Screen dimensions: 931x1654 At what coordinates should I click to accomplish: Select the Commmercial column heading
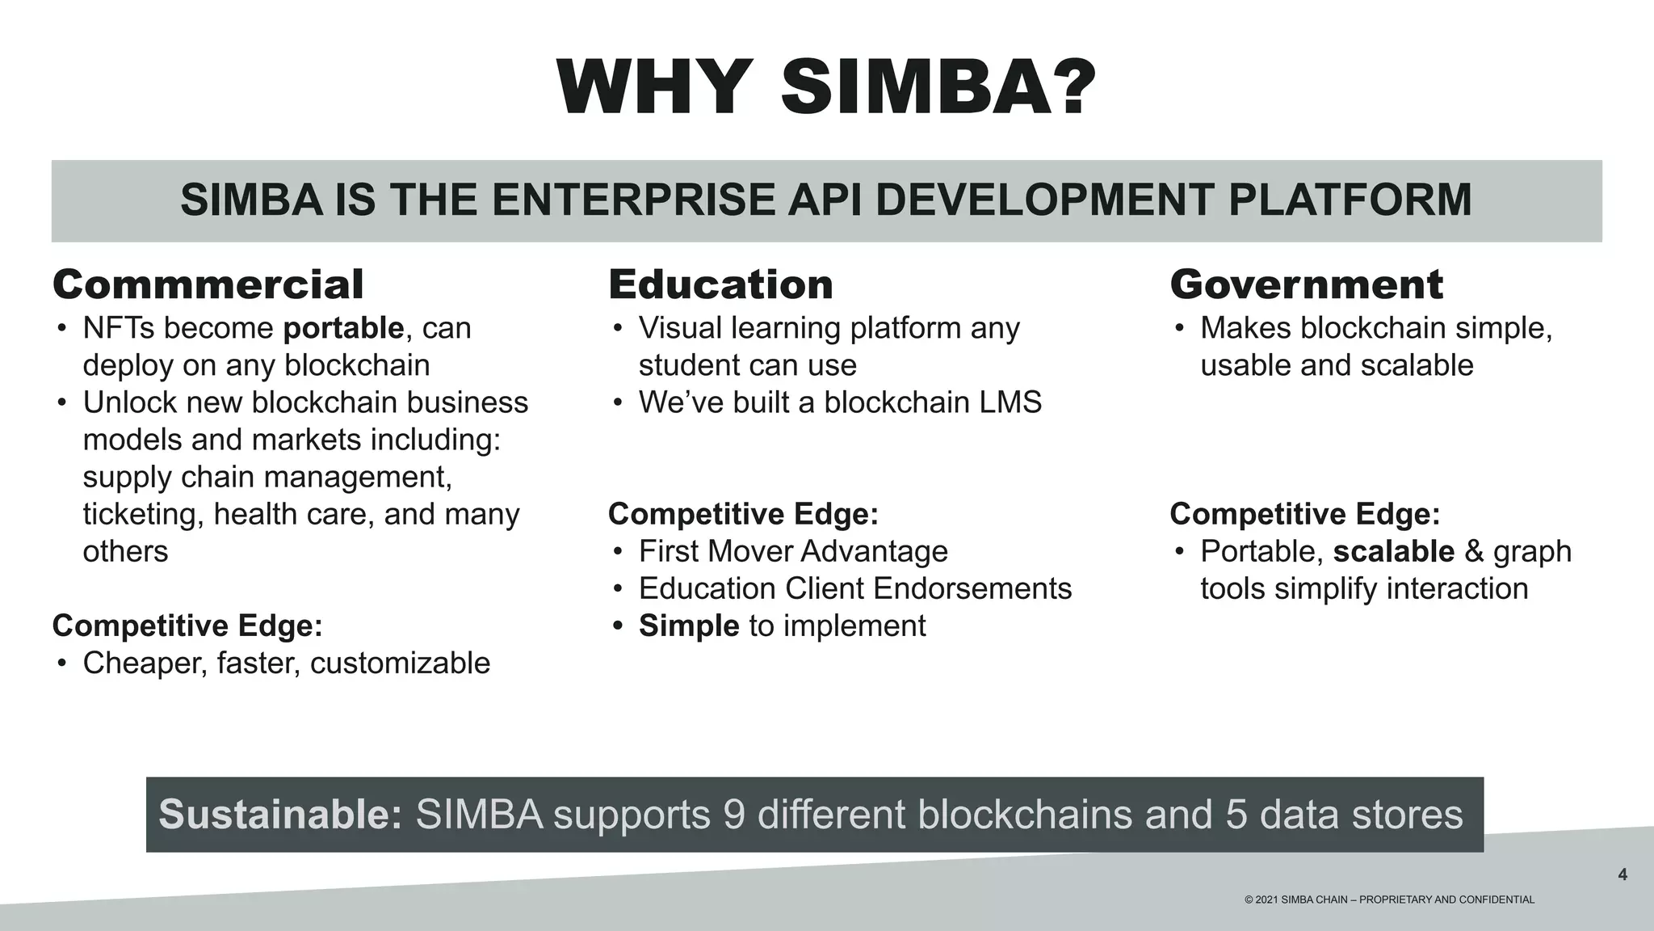point(208,284)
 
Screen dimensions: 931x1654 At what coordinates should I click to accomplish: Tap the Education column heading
point(720,284)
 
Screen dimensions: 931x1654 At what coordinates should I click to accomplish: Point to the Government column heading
point(1306,284)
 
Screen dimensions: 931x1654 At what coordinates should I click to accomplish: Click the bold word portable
point(343,328)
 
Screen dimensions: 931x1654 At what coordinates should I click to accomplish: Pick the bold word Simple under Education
point(689,626)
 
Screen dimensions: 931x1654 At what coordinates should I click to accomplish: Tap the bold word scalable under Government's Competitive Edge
point(1393,551)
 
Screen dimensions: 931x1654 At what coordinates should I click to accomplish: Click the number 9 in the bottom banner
point(734,814)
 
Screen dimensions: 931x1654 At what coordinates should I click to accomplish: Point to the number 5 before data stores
point(1236,814)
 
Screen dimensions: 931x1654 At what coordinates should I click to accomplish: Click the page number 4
point(1623,874)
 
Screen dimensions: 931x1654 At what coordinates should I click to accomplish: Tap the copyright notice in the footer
point(1389,899)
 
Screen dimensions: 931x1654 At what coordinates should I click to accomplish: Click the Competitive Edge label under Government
point(1304,514)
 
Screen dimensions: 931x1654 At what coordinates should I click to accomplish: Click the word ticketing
point(142,515)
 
